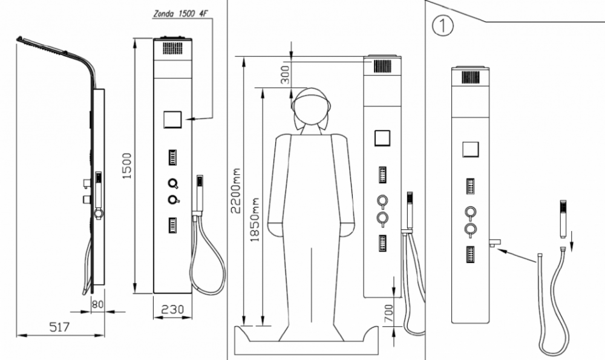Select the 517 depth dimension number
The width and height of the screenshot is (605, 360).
click(x=59, y=327)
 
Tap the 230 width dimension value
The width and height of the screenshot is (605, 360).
click(x=172, y=309)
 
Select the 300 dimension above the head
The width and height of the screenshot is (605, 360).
click(x=286, y=73)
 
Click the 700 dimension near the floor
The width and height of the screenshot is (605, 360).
click(x=389, y=313)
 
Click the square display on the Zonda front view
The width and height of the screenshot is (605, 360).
click(x=173, y=120)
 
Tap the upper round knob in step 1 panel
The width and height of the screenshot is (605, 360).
click(x=470, y=212)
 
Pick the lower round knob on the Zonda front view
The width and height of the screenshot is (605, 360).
click(x=173, y=200)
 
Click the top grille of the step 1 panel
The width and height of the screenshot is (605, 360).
click(x=470, y=77)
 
